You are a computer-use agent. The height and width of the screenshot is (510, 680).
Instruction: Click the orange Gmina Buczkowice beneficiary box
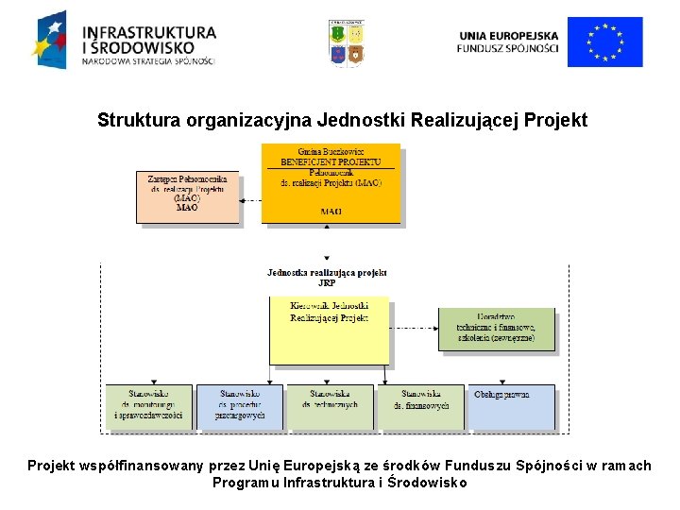[331, 183]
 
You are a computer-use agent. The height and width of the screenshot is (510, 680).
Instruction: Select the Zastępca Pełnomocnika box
[187, 196]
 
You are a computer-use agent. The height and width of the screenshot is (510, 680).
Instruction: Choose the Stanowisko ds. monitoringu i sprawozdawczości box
[148, 406]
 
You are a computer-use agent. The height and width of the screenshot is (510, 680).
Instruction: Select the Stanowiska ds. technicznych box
[330, 406]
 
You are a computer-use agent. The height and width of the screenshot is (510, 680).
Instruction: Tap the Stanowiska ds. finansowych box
[421, 406]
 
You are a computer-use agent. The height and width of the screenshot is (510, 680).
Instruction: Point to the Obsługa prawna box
[513, 406]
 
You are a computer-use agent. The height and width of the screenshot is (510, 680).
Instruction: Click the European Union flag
[604, 42]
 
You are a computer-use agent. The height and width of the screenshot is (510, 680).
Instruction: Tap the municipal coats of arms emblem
[347, 43]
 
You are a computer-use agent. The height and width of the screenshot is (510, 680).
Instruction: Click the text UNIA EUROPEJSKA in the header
[508, 35]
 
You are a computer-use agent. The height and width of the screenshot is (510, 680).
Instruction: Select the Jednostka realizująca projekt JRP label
[327, 277]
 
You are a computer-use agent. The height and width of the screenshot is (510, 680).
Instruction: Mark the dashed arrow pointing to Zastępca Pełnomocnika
[250, 199]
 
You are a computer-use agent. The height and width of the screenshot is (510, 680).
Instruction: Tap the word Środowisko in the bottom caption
[427, 483]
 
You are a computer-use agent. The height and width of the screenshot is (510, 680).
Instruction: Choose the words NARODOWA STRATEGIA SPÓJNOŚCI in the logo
[148, 62]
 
